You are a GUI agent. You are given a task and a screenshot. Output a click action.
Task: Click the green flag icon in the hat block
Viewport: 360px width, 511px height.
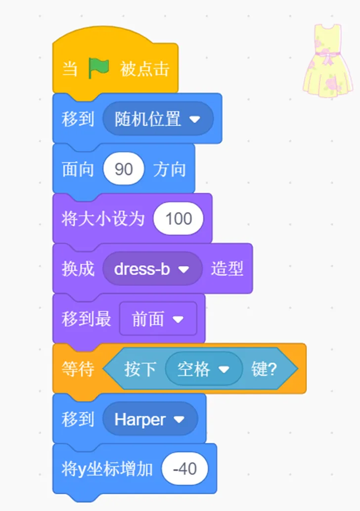click(98, 68)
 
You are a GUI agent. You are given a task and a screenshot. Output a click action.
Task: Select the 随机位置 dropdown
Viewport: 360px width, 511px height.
click(158, 119)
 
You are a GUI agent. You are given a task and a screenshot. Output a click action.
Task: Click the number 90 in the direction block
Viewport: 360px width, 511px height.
click(124, 170)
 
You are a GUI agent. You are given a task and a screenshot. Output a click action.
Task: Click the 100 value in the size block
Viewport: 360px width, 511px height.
click(178, 219)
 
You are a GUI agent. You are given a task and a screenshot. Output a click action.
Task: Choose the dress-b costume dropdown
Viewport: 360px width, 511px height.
click(152, 269)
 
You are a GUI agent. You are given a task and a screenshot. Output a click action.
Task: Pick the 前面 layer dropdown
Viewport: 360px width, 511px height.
click(158, 319)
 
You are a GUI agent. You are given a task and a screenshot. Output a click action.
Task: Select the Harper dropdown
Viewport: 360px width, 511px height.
click(150, 420)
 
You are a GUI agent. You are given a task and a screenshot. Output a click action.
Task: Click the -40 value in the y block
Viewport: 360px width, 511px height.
click(185, 469)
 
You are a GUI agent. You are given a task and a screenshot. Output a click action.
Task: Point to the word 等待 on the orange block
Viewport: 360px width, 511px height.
click(78, 369)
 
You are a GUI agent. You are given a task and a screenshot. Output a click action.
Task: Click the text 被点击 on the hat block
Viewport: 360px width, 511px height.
click(144, 69)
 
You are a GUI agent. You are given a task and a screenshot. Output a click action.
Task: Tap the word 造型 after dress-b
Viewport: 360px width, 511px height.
click(227, 269)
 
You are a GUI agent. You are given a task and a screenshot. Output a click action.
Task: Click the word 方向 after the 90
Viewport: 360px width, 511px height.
click(170, 170)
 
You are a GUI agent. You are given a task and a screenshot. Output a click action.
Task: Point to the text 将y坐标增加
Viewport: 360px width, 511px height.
click(107, 469)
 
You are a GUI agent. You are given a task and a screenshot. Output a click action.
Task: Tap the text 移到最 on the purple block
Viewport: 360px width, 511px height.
click(86, 319)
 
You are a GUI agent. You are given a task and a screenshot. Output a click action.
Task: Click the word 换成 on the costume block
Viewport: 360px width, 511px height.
click(78, 269)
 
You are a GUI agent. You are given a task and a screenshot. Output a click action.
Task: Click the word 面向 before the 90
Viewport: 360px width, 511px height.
click(78, 170)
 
